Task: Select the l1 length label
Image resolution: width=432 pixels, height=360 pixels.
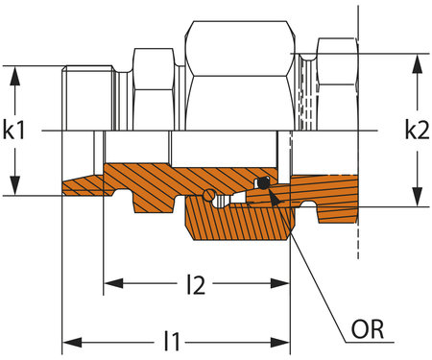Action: [174, 340]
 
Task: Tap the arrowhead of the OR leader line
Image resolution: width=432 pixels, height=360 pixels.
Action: [271, 196]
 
